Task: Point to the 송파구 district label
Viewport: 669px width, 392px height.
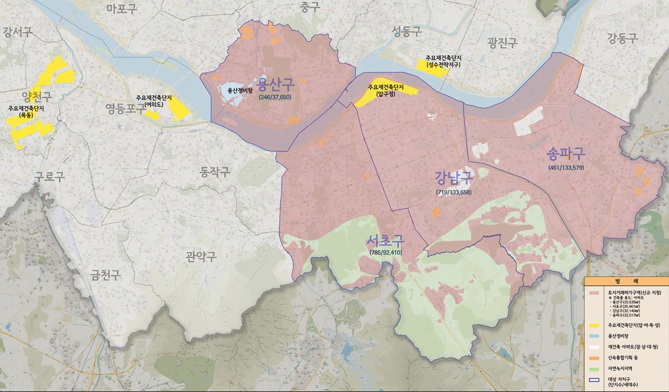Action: click(565, 154)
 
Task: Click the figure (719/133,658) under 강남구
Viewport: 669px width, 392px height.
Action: click(453, 193)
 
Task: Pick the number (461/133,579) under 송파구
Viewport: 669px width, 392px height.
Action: click(565, 167)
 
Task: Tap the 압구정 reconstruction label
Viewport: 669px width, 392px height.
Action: click(385, 91)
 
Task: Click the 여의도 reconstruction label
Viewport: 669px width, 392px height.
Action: click(154, 101)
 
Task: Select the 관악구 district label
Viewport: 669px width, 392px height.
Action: click(201, 257)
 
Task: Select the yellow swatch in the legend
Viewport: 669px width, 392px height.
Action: click(595, 324)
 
